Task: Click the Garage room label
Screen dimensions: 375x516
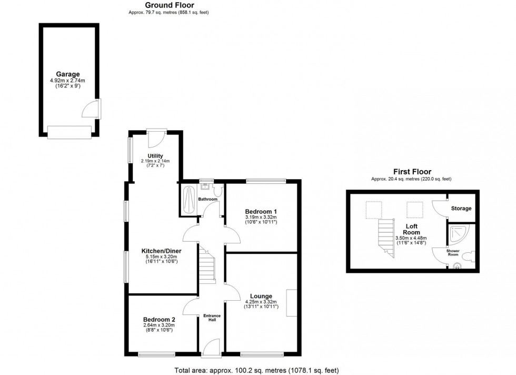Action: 67,74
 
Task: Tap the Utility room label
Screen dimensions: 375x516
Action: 155,156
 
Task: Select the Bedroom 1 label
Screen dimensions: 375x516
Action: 261,211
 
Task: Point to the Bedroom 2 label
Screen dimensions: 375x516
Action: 158,319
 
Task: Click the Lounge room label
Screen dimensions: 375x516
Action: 261,295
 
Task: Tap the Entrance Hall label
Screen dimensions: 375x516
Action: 212,318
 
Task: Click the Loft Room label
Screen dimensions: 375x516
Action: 412,228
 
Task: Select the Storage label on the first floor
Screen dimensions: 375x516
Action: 461,209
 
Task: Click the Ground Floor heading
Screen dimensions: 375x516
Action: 162,5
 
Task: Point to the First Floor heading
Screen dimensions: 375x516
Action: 412,172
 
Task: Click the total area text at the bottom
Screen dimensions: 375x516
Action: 258,370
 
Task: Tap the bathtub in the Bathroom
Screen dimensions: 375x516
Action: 188,200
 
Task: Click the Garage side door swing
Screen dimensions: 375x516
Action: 90,111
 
